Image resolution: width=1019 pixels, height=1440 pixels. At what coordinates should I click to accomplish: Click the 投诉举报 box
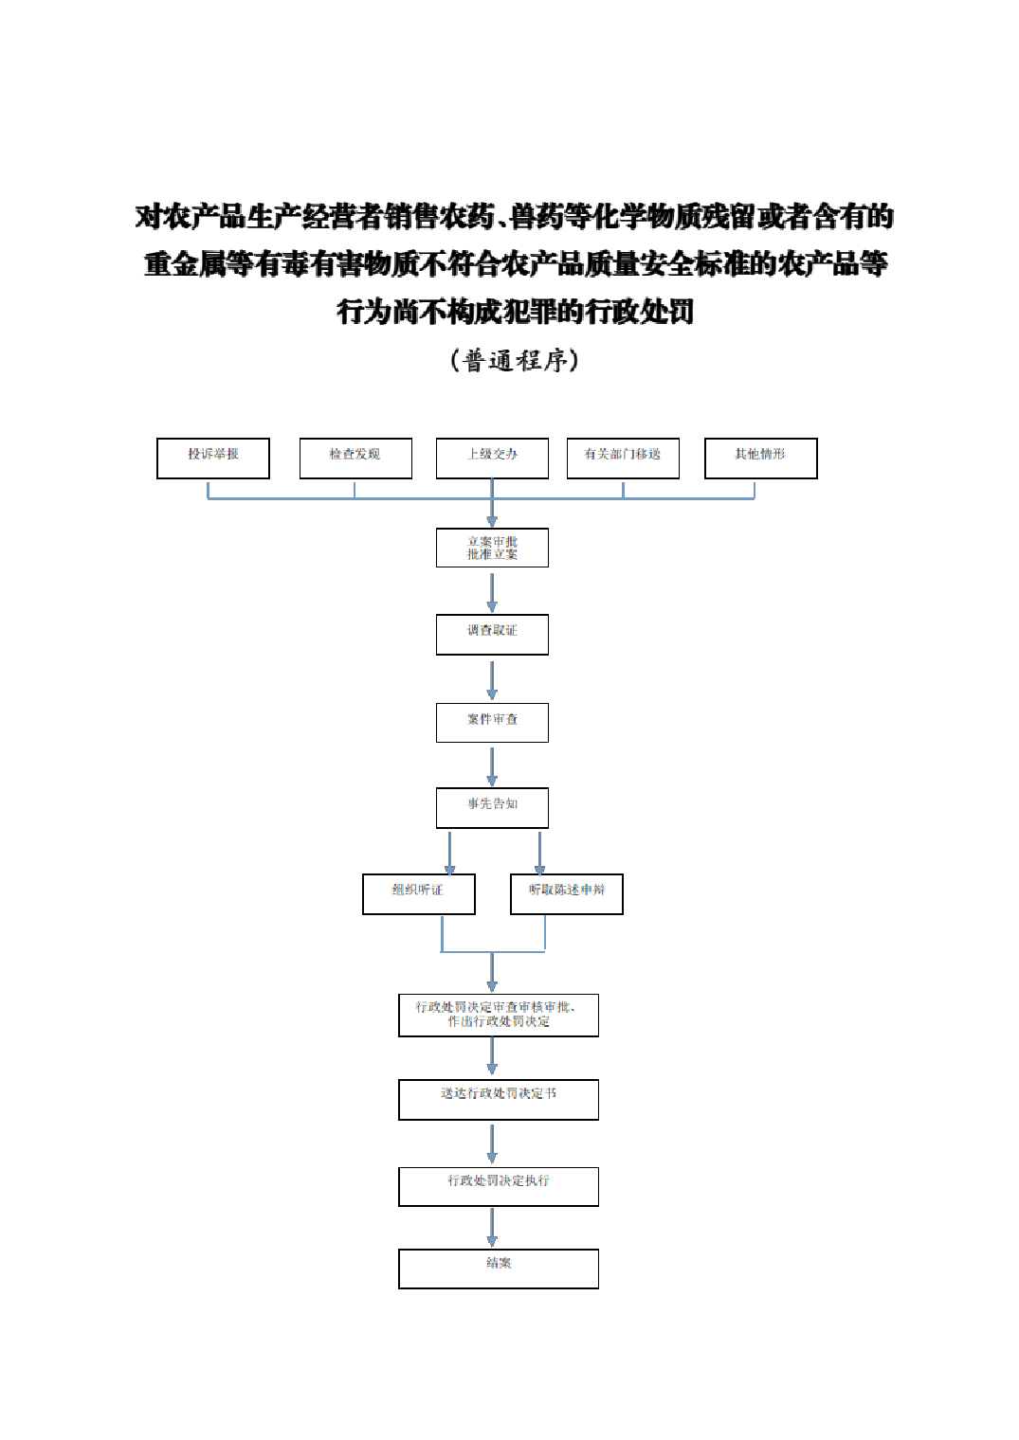tap(213, 459)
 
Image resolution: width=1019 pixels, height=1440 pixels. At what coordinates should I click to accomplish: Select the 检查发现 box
tap(355, 459)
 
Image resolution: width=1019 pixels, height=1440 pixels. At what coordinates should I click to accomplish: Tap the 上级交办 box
tap(492, 459)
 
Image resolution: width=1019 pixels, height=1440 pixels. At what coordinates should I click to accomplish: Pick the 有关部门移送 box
tap(623, 459)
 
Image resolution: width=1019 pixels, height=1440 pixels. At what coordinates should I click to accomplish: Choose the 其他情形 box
tap(760, 459)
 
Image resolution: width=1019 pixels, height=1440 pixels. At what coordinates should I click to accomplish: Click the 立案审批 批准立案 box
tap(492, 548)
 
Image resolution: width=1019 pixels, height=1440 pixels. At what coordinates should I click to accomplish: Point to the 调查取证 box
tap(492, 634)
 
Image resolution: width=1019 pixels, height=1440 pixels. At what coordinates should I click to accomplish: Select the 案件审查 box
tap(492, 722)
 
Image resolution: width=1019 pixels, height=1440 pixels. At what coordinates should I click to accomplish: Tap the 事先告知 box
tap(492, 807)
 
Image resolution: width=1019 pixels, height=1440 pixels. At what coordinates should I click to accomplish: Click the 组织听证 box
tap(418, 893)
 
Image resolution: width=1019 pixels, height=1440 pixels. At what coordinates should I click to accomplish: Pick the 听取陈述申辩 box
tap(566, 893)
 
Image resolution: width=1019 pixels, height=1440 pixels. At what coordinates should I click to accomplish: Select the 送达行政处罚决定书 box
tap(498, 1099)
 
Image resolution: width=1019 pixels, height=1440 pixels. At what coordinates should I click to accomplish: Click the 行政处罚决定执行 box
tap(498, 1186)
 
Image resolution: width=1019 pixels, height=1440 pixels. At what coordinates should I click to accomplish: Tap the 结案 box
tap(498, 1269)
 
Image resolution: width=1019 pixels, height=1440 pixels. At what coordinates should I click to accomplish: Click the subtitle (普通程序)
tap(514, 360)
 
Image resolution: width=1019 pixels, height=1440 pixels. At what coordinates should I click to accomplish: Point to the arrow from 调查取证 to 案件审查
tap(492, 679)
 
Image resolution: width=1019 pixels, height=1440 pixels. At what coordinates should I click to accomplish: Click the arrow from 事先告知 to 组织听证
tap(449, 853)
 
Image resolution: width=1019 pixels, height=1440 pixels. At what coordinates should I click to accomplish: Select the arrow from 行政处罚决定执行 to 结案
tap(492, 1228)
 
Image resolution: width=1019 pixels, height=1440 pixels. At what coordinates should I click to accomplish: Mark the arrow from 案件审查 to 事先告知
tap(492, 765)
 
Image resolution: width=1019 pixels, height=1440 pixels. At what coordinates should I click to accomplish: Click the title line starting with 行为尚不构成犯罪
tap(515, 311)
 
